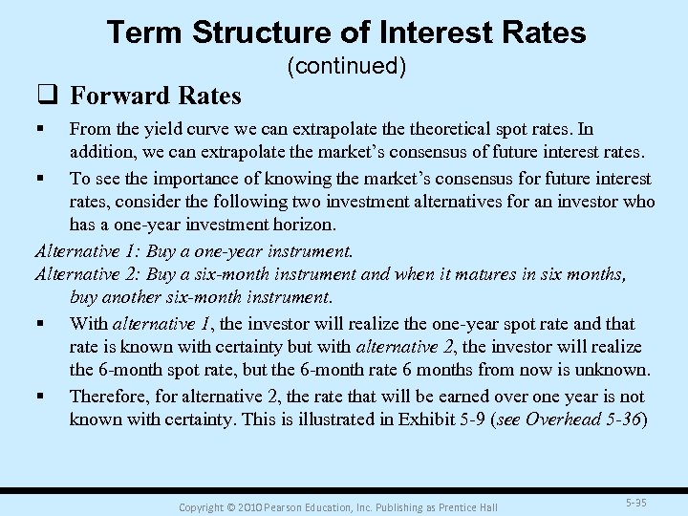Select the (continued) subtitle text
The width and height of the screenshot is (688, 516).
346,66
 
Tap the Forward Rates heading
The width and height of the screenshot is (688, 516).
156,96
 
